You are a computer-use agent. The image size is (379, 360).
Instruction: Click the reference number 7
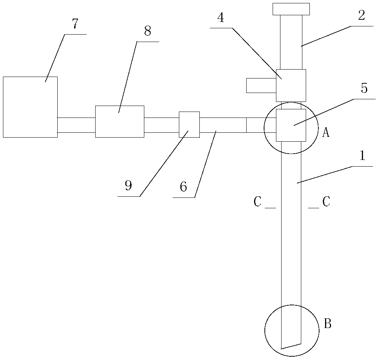tap(75, 24)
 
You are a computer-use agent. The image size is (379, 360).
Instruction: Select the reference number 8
tap(148, 31)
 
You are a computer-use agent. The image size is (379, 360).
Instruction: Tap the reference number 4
tap(221, 18)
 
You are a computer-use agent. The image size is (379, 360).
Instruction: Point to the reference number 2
tap(361, 15)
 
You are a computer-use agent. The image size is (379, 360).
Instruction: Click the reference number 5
tap(364, 89)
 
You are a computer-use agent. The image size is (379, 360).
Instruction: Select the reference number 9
tap(128, 186)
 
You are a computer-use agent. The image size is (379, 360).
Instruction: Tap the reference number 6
tap(183, 187)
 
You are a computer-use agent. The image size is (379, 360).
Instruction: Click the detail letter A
tap(325, 132)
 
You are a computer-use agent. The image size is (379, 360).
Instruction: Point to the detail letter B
tap(327, 324)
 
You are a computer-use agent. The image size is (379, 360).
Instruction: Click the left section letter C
tap(257, 202)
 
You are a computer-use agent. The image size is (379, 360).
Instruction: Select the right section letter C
tap(326, 202)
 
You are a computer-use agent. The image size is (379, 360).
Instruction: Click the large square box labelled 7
tap(30, 107)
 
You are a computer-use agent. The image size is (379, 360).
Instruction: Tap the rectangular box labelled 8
tap(119, 121)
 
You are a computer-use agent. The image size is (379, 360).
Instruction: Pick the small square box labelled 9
tap(189, 124)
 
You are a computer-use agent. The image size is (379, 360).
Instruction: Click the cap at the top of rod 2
tap(291, 9)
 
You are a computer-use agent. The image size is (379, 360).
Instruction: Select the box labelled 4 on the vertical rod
tap(291, 85)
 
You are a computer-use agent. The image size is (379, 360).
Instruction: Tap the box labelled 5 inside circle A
tap(291, 125)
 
